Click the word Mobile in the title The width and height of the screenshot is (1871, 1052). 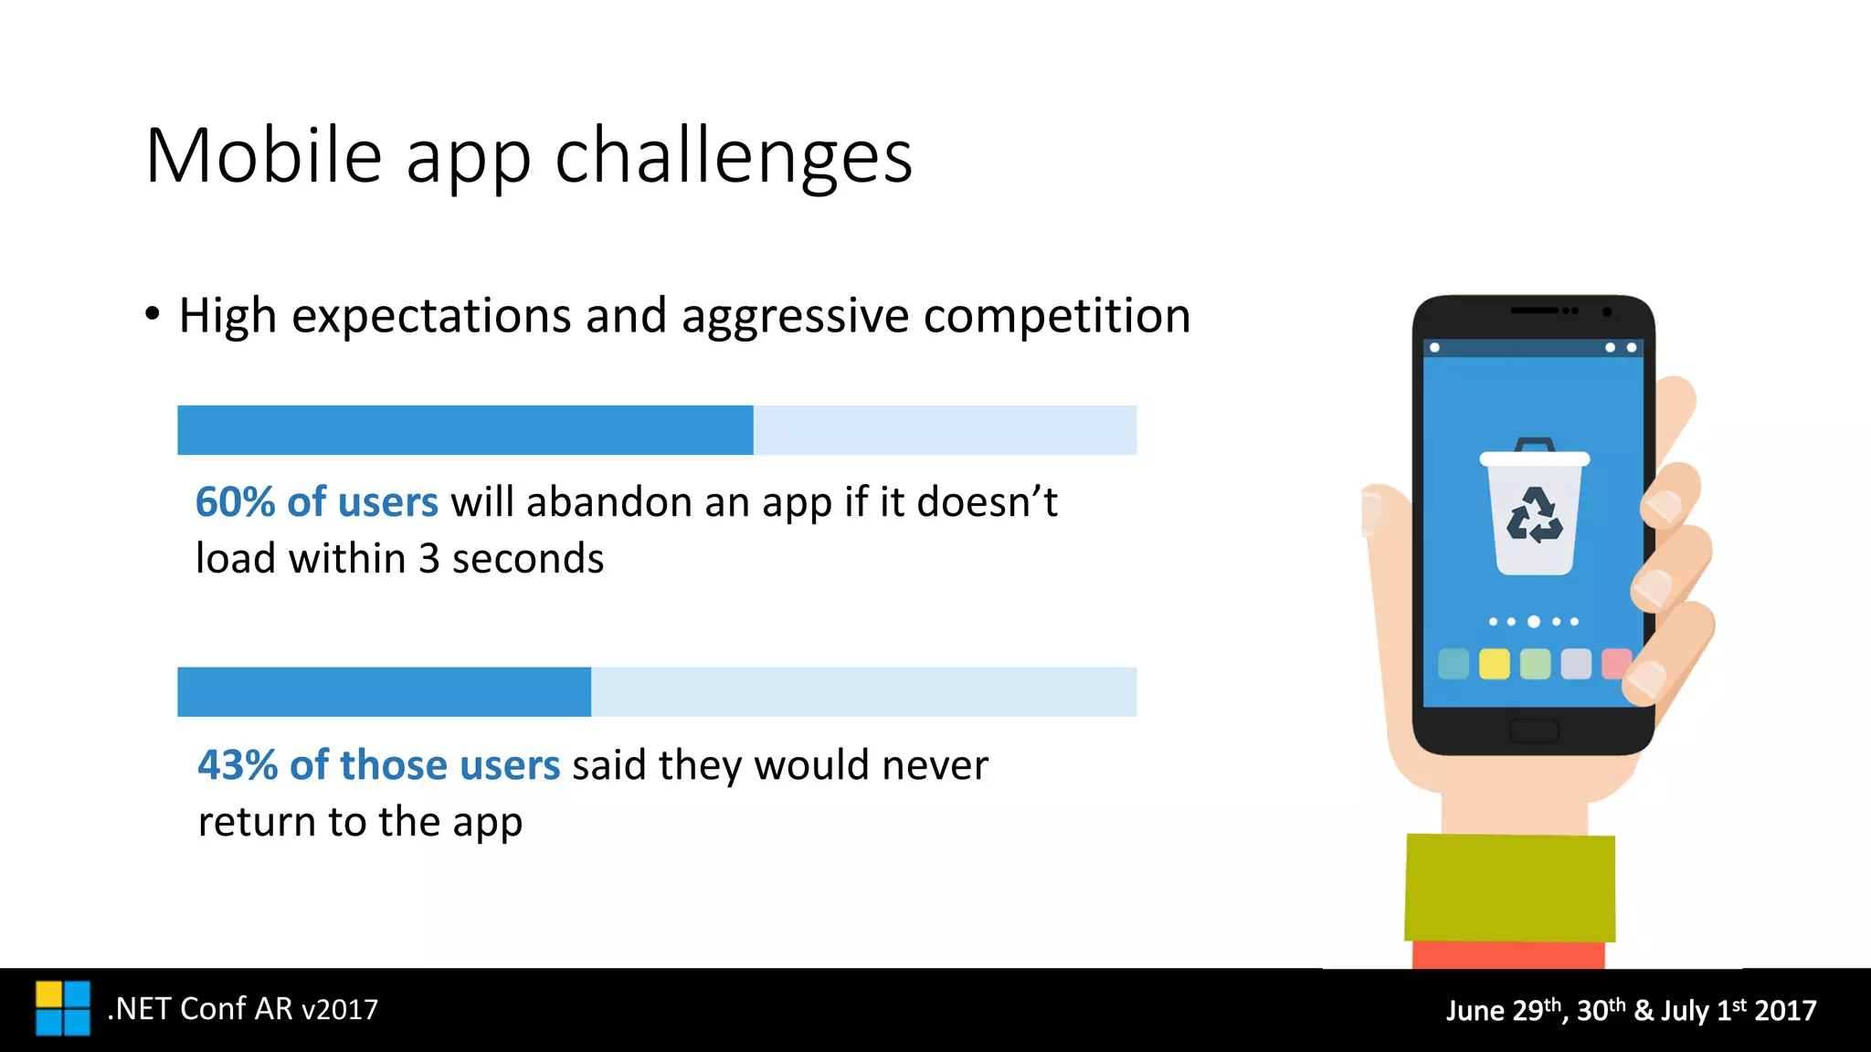coord(263,156)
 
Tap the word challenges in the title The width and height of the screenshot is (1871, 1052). coord(734,156)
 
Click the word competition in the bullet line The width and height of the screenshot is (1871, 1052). coord(1057,316)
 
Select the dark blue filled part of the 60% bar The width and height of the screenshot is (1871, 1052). coord(465,430)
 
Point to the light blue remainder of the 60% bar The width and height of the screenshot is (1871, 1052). coord(945,430)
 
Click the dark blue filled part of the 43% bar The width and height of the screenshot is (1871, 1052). coord(384,691)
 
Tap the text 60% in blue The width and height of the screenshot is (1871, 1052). coord(235,502)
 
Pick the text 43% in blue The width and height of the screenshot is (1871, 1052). coord(238,765)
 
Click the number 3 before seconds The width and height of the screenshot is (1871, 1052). coord(429,559)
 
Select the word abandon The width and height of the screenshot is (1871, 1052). coord(592,502)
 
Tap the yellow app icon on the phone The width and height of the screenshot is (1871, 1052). coord(1494,664)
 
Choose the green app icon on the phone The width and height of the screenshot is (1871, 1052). coord(1535,664)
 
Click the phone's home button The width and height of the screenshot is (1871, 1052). coord(1534,731)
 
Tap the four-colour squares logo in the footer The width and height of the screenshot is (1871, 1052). coord(63,1008)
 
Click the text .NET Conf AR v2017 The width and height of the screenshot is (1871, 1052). coord(242,1009)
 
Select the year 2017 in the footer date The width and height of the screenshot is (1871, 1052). coord(1785,1011)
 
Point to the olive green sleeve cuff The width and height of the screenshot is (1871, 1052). coord(1509,888)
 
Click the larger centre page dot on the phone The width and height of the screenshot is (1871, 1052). coord(1534,622)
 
